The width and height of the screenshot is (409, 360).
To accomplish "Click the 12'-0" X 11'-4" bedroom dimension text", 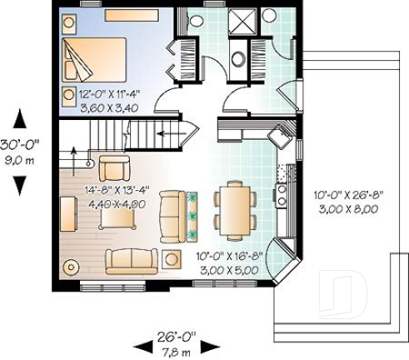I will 98,95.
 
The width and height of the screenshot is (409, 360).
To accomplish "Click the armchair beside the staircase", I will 114,167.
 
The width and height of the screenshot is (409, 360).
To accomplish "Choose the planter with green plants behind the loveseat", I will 193,212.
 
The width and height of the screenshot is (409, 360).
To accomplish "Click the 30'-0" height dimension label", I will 19,143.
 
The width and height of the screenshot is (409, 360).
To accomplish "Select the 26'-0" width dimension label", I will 176,338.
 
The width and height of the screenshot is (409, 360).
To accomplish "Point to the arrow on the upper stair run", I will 171,131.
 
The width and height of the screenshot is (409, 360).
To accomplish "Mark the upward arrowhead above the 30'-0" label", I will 19,119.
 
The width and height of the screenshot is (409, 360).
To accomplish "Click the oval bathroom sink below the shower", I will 239,59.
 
